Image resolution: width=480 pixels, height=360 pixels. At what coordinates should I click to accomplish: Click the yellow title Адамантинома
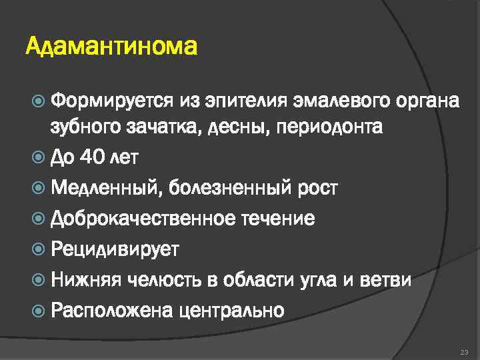tap(111, 48)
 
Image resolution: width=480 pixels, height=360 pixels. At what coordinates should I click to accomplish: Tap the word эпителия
tap(241, 102)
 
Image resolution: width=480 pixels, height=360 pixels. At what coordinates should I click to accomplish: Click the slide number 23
tap(464, 351)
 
